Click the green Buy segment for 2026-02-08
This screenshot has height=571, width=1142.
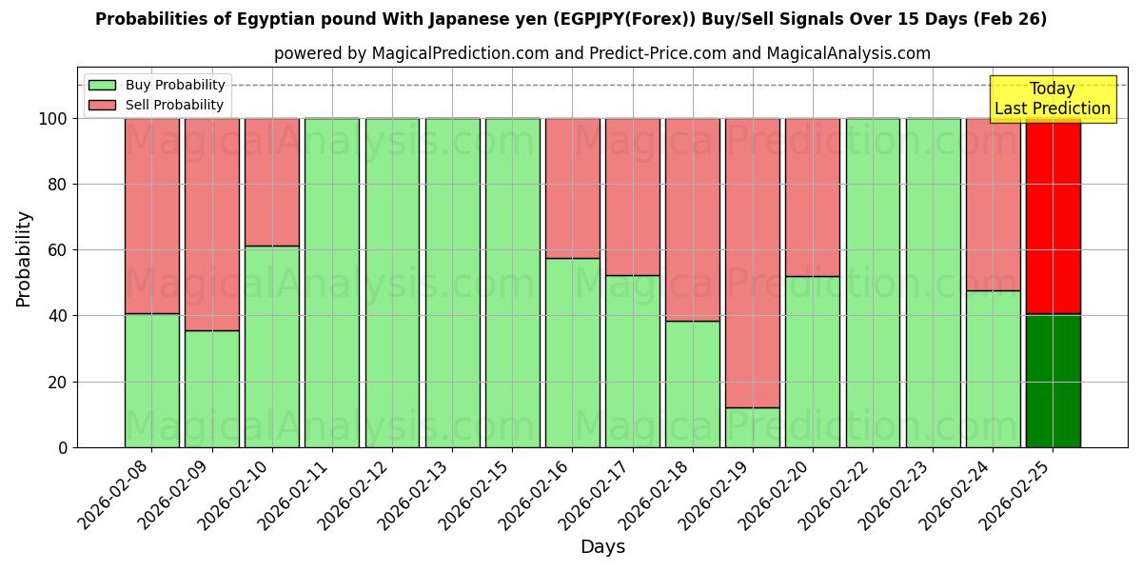click(x=151, y=381)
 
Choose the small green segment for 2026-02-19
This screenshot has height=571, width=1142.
click(x=752, y=427)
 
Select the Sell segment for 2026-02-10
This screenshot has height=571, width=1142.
click(x=272, y=182)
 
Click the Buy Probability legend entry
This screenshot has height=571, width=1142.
click(x=157, y=85)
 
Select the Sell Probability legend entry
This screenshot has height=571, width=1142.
click(x=157, y=105)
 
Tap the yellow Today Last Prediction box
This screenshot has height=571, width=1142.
click(x=1053, y=99)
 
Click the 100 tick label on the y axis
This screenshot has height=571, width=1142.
click(x=52, y=119)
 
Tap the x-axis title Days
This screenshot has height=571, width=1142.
click(x=602, y=547)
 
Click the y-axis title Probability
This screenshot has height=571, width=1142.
click(x=24, y=259)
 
